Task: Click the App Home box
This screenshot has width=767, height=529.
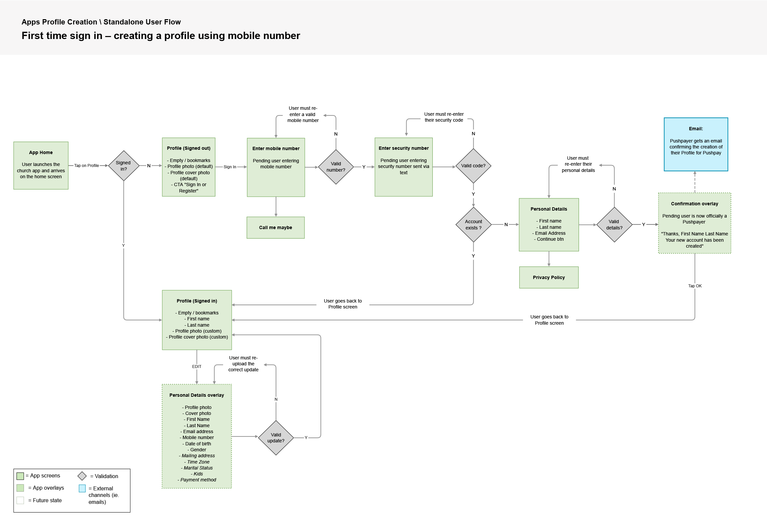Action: [x=41, y=165]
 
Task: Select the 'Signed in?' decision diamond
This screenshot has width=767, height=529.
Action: [x=123, y=166]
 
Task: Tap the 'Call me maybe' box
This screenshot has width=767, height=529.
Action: [x=275, y=227]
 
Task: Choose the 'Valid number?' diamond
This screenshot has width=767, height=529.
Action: [x=336, y=167]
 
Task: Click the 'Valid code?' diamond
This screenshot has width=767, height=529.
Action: [x=473, y=166]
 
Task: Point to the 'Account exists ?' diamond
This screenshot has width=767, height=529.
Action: [x=473, y=224]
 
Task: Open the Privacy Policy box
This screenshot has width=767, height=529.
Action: [x=549, y=277]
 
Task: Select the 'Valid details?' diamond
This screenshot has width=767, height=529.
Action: [x=614, y=224]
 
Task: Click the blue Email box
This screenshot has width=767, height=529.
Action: [x=695, y=144]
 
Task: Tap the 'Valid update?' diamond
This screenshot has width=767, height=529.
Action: [x=276, y=437]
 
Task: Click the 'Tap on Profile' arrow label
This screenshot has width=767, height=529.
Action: [x=86, y=165]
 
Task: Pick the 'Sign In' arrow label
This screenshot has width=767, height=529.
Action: [x=230, y=167]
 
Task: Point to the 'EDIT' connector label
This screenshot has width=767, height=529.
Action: [x=197, y=366]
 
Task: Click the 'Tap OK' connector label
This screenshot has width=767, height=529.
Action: [x=695, y=286]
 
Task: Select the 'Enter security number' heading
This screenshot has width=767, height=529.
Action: [x=404, y=148]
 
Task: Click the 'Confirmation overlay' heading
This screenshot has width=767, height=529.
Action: [x=694, y=204]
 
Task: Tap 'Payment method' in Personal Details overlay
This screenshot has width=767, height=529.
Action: [x=198, y=480]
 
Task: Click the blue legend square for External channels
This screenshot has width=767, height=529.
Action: [x=82, y=488]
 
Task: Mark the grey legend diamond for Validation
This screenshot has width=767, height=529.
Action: [x=82, y=476]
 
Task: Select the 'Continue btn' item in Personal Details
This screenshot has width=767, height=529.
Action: [x=550, y=239]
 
